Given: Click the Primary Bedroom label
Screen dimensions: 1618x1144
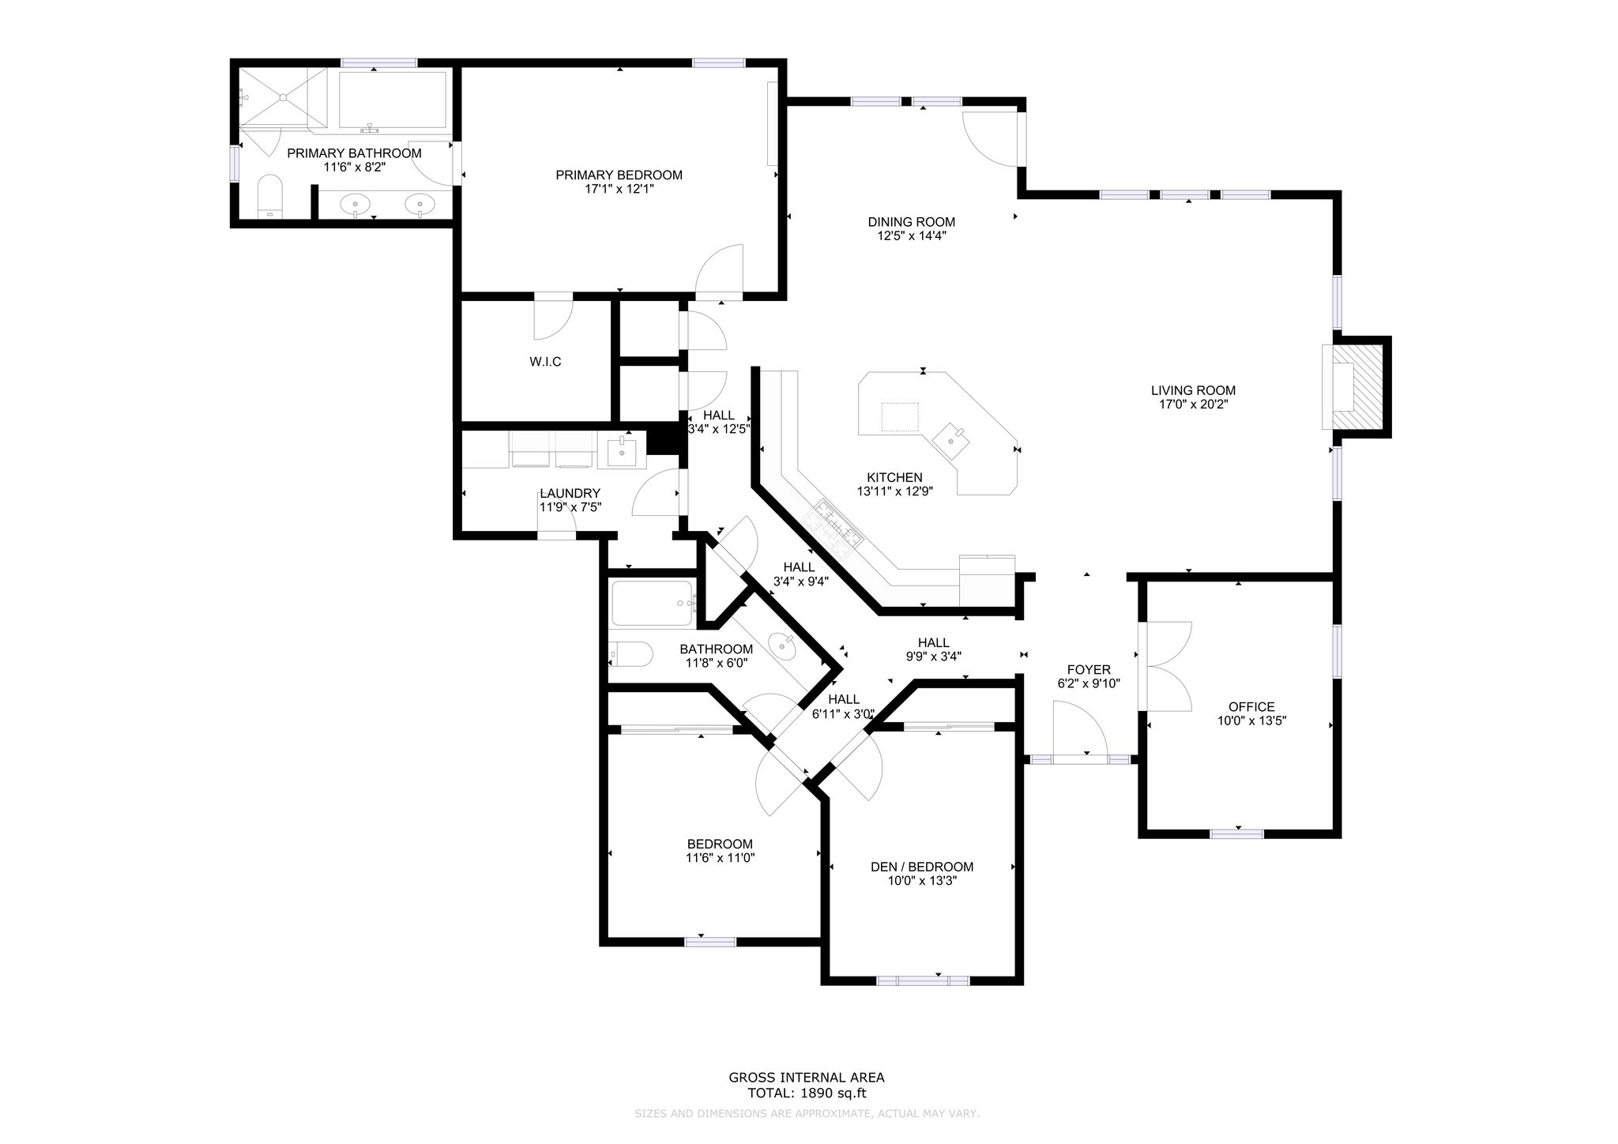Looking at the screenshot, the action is (619, 175).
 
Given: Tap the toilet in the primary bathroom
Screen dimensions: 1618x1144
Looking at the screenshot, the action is (270, 196).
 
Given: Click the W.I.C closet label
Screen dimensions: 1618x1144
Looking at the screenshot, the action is (545, 362).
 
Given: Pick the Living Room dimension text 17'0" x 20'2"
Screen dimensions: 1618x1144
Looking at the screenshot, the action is (1193, 404).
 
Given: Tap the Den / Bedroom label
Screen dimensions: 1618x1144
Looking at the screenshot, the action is (922, 867).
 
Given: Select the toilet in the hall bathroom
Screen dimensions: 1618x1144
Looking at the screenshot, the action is (630, 654).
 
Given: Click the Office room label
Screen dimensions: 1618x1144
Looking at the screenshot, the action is (1251, 707).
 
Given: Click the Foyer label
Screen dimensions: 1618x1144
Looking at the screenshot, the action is (1089, 669).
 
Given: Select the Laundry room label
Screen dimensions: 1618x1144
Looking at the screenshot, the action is (570, 493).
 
